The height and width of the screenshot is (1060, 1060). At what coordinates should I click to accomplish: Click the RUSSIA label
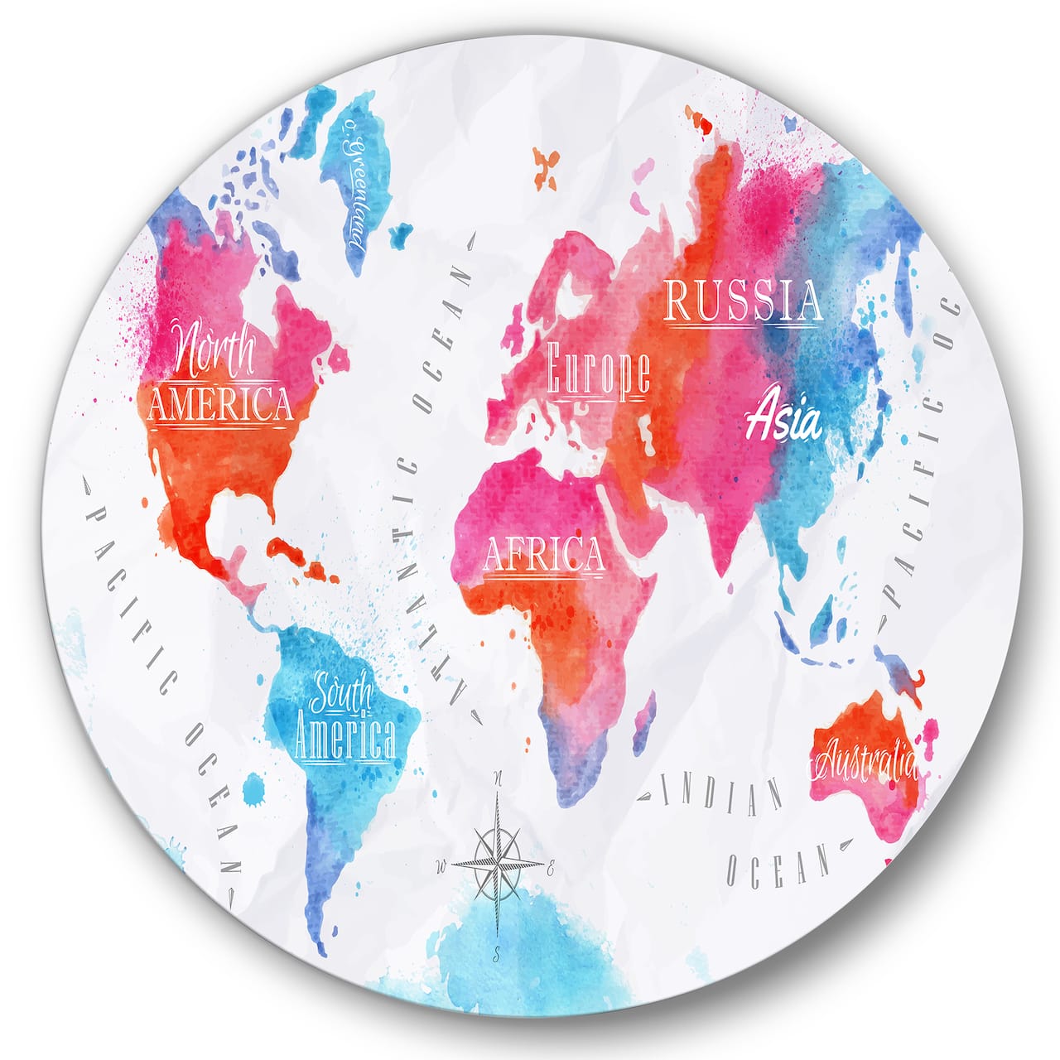[744, 301]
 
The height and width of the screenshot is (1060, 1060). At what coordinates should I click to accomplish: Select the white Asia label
[783, 421]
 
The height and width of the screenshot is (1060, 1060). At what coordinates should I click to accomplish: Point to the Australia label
[866, 759]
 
